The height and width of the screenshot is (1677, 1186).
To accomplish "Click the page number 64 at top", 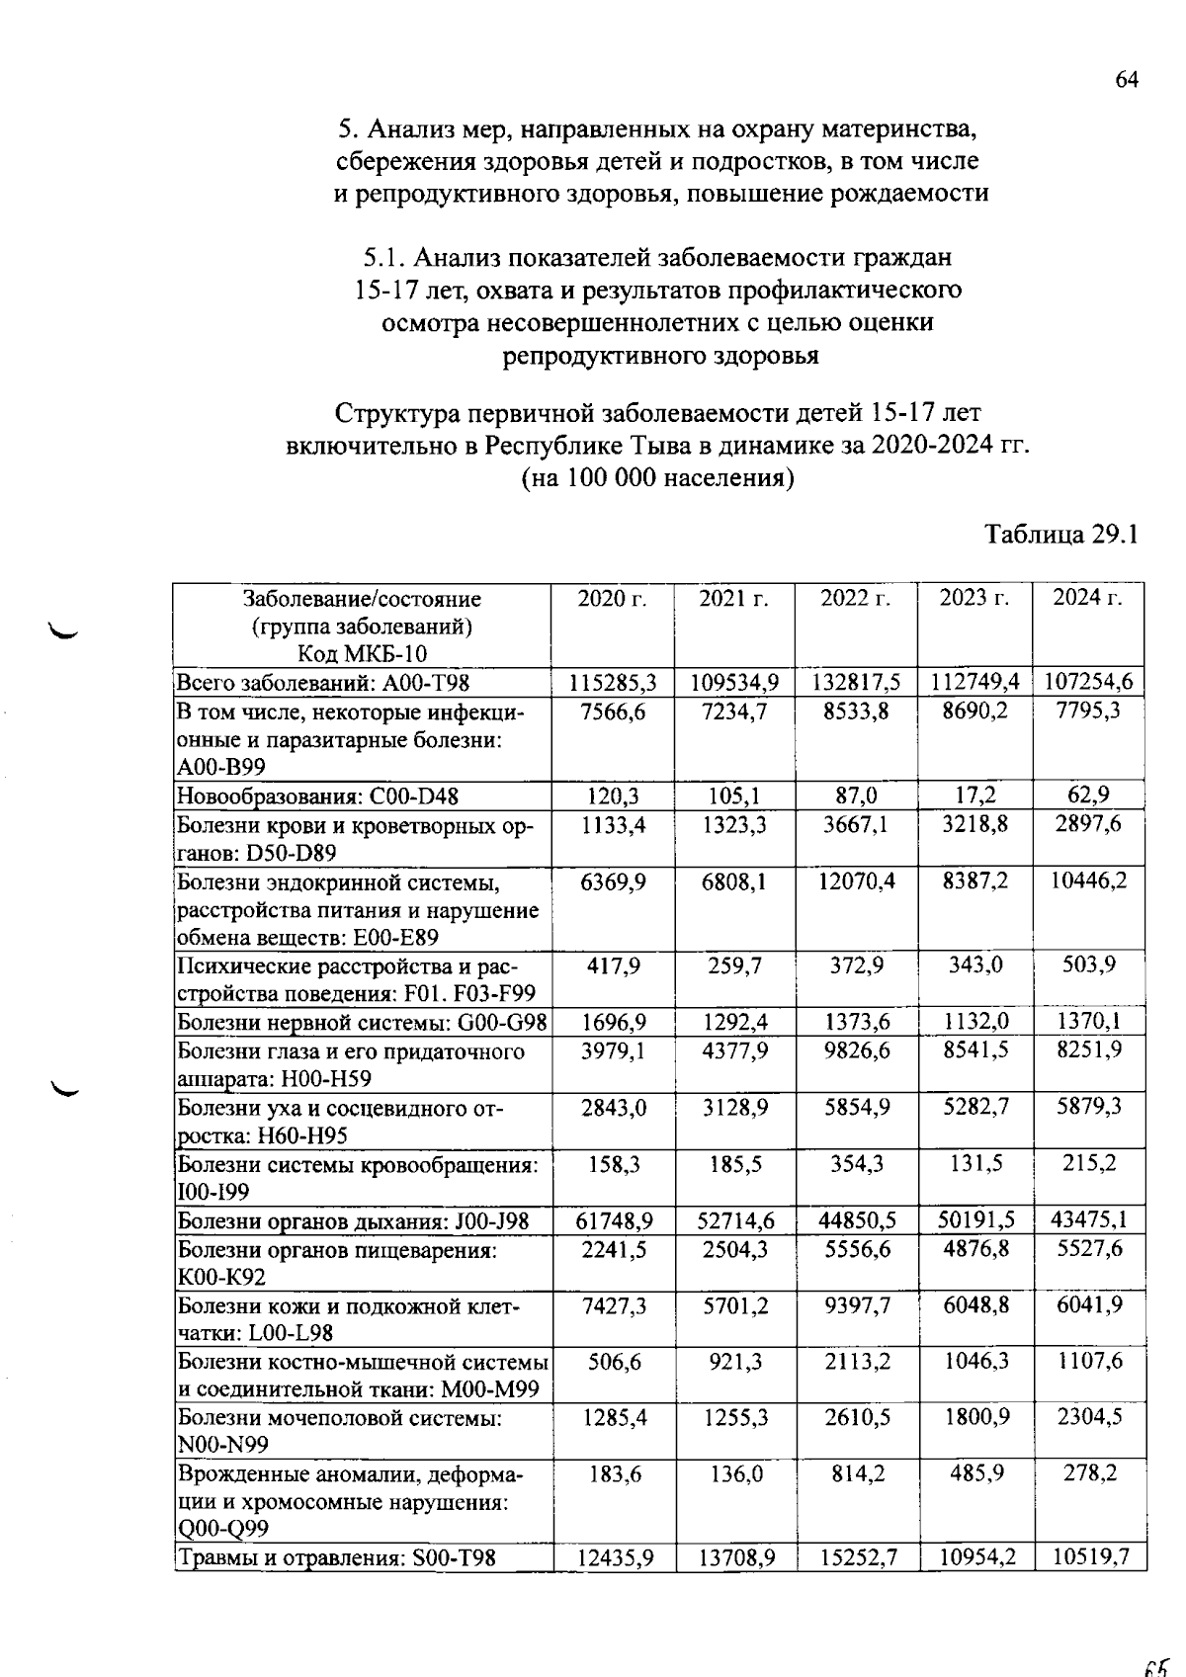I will tap(1127, 80).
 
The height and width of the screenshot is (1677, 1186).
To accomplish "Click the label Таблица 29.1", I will tap(1062, 535).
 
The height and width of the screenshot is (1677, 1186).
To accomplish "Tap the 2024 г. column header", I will tap(1087, 599).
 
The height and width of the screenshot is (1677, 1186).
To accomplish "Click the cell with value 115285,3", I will tap(613, 682).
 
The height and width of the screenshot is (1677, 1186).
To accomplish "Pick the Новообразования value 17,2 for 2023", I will tap(975, 796).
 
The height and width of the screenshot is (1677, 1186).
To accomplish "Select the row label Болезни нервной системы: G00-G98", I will tap(363, 1023).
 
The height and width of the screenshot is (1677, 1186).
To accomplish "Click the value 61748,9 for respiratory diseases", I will tap(613, 1221).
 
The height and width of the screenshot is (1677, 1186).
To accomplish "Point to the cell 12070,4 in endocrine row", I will tap(856, 880).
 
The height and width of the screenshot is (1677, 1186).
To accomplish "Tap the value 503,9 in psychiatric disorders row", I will tap(1089, 964).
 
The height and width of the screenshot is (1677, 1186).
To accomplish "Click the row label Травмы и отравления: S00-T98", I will tap(336, 1559).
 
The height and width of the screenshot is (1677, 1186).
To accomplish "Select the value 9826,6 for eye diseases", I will tap(856, 1050).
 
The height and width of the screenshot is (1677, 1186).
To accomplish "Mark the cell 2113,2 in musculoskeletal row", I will tap(856, 1362).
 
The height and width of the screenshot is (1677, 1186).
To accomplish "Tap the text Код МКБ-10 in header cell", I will tap(362, 653).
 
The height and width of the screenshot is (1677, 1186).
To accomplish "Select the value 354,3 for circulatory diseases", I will tap(856, 1164).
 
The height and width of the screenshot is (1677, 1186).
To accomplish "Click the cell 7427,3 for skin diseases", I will tap(613, 1306).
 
